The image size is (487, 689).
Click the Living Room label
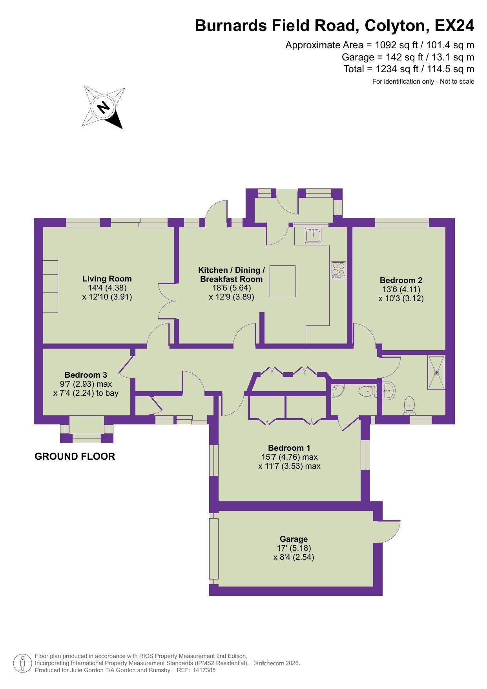tap(107, 279)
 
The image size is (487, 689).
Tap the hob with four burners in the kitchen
tap(338, 270)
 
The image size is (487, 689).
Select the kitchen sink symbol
tap(313, 235)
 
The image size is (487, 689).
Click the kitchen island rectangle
tap(282, 281)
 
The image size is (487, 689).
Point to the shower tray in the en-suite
tap(436, 372)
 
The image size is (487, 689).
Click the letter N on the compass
tap(104, 107)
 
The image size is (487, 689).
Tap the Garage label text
tap(294, 539)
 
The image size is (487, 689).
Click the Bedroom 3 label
tap(86, 375)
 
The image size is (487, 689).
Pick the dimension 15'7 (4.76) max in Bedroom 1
tap(289, 457)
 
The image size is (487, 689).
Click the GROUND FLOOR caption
tap(75, 456)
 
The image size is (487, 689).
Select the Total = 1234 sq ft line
tap(409, 69)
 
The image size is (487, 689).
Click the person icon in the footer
tap(23, 663)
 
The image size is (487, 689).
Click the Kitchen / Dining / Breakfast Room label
tap(231, 274)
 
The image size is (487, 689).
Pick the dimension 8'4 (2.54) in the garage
tap(294, 557)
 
